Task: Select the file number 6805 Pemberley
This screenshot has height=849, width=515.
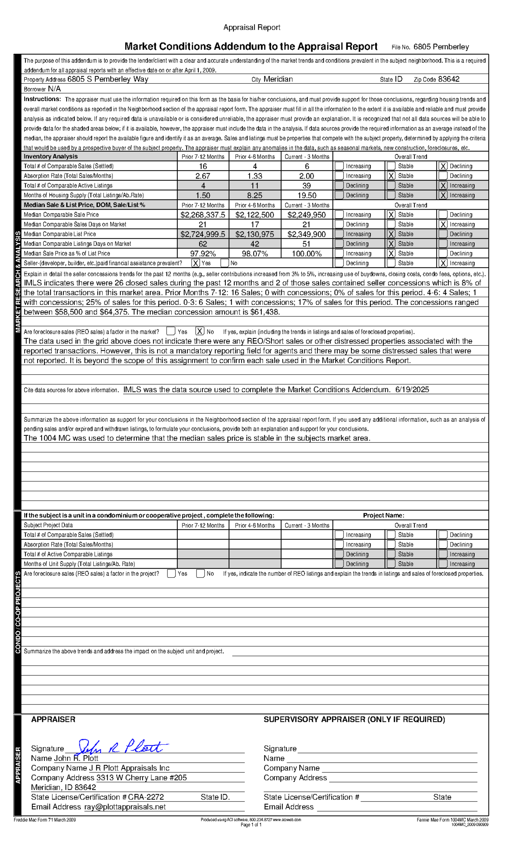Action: pos(441,47)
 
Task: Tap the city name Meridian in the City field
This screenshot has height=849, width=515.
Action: pos(278,79)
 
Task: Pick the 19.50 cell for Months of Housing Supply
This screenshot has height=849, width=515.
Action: pos(307,195)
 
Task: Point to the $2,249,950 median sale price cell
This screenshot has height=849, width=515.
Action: pos(306,215)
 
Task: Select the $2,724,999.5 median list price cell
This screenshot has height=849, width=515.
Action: pos(203,234)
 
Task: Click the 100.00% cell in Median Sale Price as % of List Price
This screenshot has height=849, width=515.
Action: pos(306,254)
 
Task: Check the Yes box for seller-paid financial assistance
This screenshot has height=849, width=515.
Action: pos(195,263)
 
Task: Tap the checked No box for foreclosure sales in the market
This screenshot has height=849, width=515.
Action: pos(200,332)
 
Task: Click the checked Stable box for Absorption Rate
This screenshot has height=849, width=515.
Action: pos(391,176)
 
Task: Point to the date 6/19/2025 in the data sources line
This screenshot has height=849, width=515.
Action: pos(412,390)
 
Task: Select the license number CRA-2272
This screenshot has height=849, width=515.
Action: pos(146,797)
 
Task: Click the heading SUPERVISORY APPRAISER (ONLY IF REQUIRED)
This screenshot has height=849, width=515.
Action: pos(354,719)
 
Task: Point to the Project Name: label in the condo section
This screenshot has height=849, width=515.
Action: pos(383,516)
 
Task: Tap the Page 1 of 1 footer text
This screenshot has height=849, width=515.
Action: pos(251,825)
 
